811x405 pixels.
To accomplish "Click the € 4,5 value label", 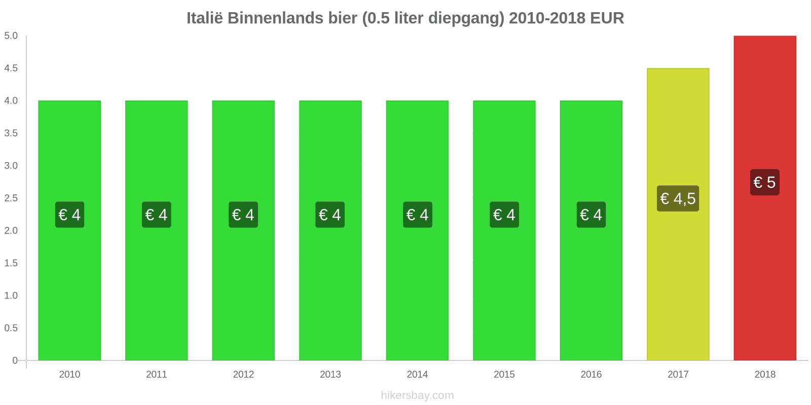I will click(678, 198).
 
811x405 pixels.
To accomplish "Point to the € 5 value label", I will click(764, 182).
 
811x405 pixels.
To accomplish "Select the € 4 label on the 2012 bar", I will click(243, 215).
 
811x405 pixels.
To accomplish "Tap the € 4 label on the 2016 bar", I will click(591, 215).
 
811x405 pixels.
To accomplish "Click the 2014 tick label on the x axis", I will click(417, 375).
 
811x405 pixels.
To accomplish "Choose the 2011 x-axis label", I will click(156, 375).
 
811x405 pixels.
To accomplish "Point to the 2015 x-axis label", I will click(504, 375).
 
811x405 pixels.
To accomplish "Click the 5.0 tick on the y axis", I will click(11, 36).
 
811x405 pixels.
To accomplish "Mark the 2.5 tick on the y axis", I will click(11, 198).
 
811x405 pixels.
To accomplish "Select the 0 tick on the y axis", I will click(15, 360).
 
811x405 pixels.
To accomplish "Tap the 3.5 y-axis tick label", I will click(11, 133).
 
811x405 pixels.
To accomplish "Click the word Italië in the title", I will click(205, 18).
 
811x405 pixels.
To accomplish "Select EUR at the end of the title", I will click(607, 18).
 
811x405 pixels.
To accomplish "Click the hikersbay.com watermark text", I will click(417, 395).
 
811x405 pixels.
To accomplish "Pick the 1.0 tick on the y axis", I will click(11, 296).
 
